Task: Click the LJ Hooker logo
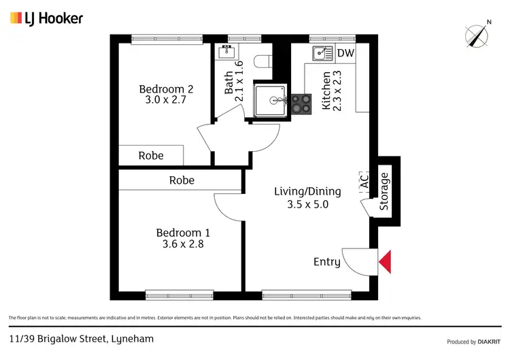tap(46, 18)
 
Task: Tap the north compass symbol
tap(478, 34)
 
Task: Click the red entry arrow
tap(385, 262)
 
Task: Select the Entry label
tap(326, 262)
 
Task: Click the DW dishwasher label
tap(345, 53)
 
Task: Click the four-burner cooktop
tap(300, 103)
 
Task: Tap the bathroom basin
tap(227, 52)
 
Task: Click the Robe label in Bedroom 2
tap(151, 155)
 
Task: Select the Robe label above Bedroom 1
tap(182, 180)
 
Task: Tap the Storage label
tap(384, 191)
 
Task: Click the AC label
tap(364, 181)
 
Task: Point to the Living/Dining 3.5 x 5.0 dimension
tap(307, 203)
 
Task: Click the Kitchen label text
tap(326, 91)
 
